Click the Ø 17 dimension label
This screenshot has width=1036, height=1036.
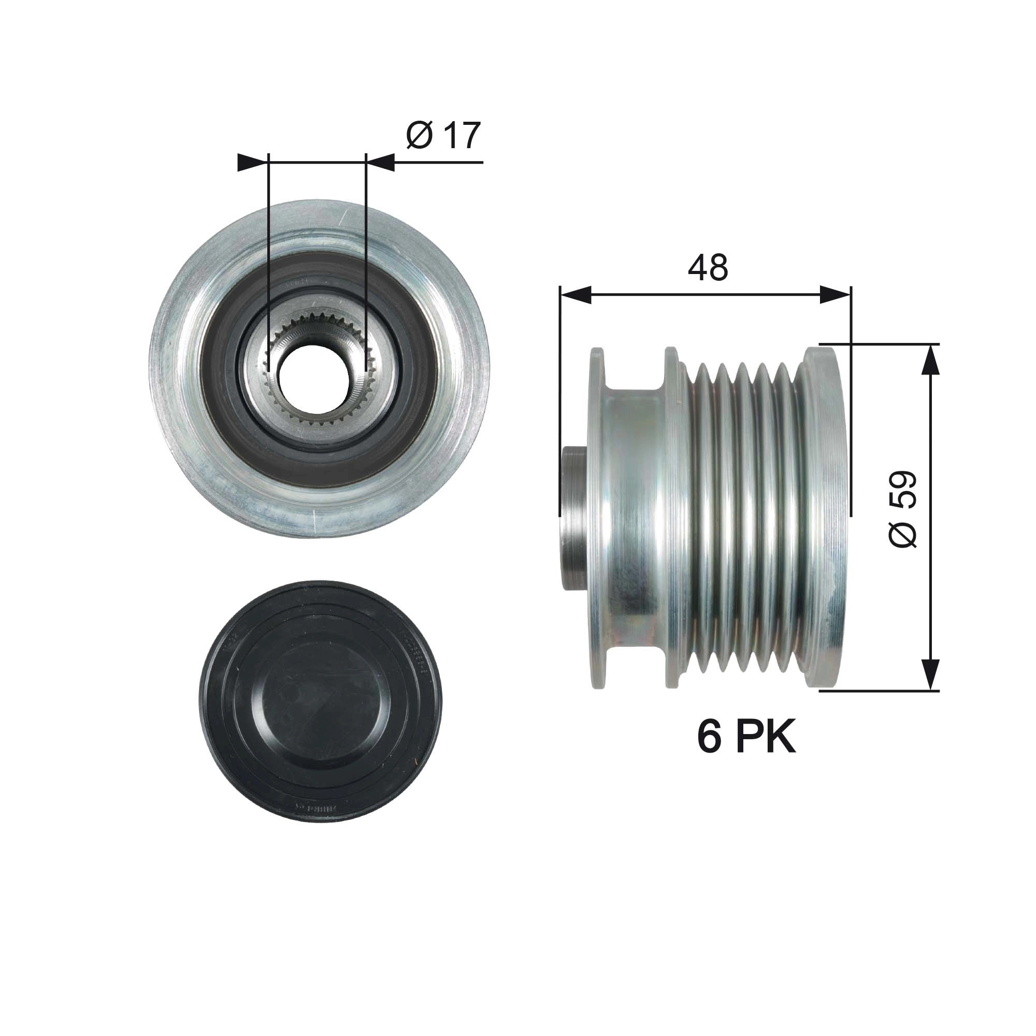click(x=443, y=135)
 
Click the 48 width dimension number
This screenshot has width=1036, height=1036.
click(x=707, y=268)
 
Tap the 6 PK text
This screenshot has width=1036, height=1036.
click(x=746, y=737)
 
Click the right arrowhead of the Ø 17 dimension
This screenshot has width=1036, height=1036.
click(x=381, y=163)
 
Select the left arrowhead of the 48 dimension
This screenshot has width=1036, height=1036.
click(x=575, y=295)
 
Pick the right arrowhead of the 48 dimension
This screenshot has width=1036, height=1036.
click(x=835, y=295)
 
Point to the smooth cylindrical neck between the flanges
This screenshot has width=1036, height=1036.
click(x=633, y=517)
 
